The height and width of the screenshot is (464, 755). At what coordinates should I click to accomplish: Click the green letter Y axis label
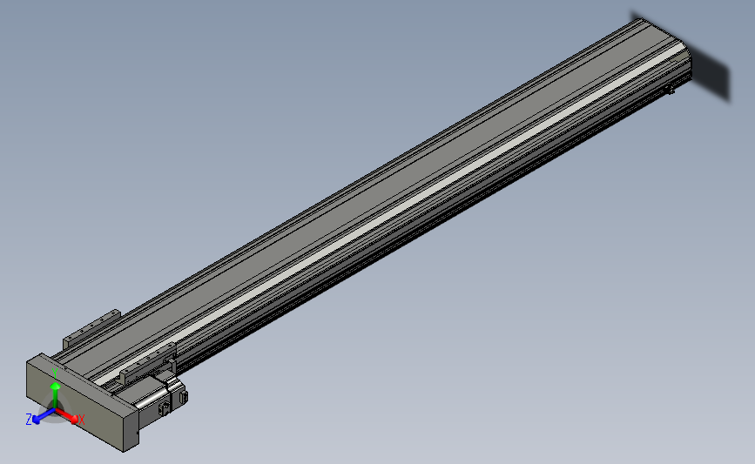point(54,372)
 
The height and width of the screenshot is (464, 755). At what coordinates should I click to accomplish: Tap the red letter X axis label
point(82,420)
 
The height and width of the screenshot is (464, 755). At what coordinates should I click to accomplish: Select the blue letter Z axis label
point(29,419)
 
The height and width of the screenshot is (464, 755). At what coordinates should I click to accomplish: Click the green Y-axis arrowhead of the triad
point(54,387)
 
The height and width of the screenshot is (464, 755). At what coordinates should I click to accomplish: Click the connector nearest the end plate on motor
point(163,408)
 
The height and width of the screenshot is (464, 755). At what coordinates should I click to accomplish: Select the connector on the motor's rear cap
point(184,397)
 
